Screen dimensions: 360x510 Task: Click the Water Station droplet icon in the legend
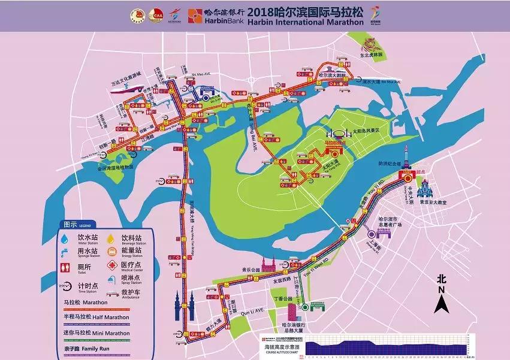[x=65, y=238]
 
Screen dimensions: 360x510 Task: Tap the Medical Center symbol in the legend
[x=110, y=264]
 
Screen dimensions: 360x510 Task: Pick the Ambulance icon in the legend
[x=110, y=293]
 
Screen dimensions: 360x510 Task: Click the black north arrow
[x=442, y=302]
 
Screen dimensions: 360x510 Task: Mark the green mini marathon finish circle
[x=305, y=307]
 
